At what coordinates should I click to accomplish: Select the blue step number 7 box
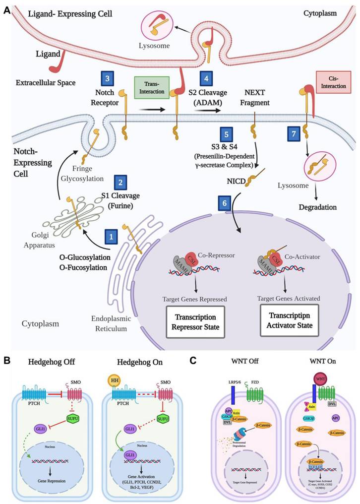295,133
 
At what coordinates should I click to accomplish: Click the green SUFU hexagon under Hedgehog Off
72,417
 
